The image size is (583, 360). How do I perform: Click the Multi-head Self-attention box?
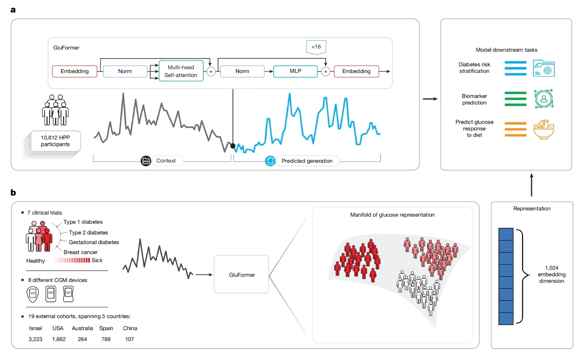pos(181,71)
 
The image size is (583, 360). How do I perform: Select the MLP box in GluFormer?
pos(295,71)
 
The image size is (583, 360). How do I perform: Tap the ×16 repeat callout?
pos(316,47)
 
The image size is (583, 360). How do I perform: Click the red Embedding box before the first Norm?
pos(75,71)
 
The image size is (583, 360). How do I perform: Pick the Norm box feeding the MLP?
pos(242,71)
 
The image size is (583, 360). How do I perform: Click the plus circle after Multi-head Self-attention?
pos(211,71)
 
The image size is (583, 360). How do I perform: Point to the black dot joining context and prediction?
pos(233,146)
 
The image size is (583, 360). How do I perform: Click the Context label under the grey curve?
pos(166,161)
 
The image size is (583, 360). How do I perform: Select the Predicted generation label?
pos(307,161)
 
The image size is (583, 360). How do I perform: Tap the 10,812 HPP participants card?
pos(55,141)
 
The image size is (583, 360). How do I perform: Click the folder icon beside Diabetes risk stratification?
pos(544,68)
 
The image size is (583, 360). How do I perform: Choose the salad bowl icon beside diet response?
pos(544,129)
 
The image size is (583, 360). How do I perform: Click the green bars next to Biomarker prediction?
pos(516,99)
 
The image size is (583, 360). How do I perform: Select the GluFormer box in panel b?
pos(242,274)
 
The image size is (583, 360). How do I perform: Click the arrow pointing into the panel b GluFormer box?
pos(204,275)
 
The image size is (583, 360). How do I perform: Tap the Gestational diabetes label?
pos(94,242)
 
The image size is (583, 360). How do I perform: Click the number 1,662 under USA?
pos(59,339)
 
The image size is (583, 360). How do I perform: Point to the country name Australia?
pos(82,328)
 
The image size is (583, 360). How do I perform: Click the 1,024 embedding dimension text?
pos(551,274)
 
